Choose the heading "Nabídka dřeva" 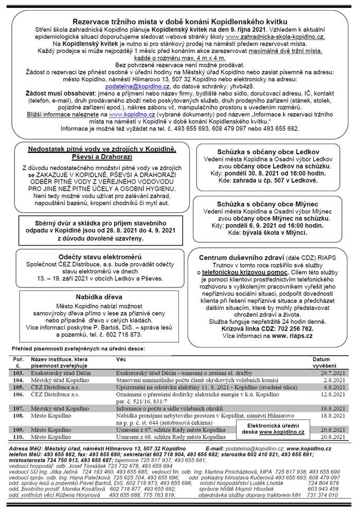click(92, 297)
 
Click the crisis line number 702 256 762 click(290, 327)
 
